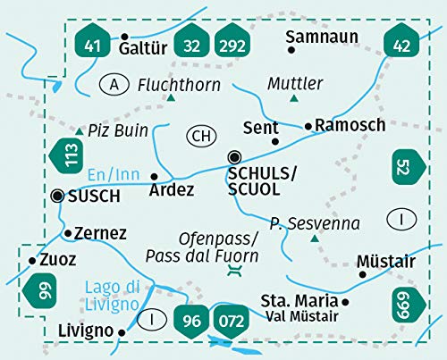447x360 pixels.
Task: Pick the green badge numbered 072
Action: [x=229, y=317]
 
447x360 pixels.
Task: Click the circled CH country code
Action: [x=201, y=136]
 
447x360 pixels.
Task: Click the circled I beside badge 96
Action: [x=158, y=318]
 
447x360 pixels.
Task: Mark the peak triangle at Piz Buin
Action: [x=79, y=132]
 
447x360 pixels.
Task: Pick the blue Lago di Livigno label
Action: [x=114, y=296]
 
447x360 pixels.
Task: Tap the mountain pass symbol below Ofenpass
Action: [x=234, y=277]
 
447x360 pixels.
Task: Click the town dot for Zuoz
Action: [x=32, y=260]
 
